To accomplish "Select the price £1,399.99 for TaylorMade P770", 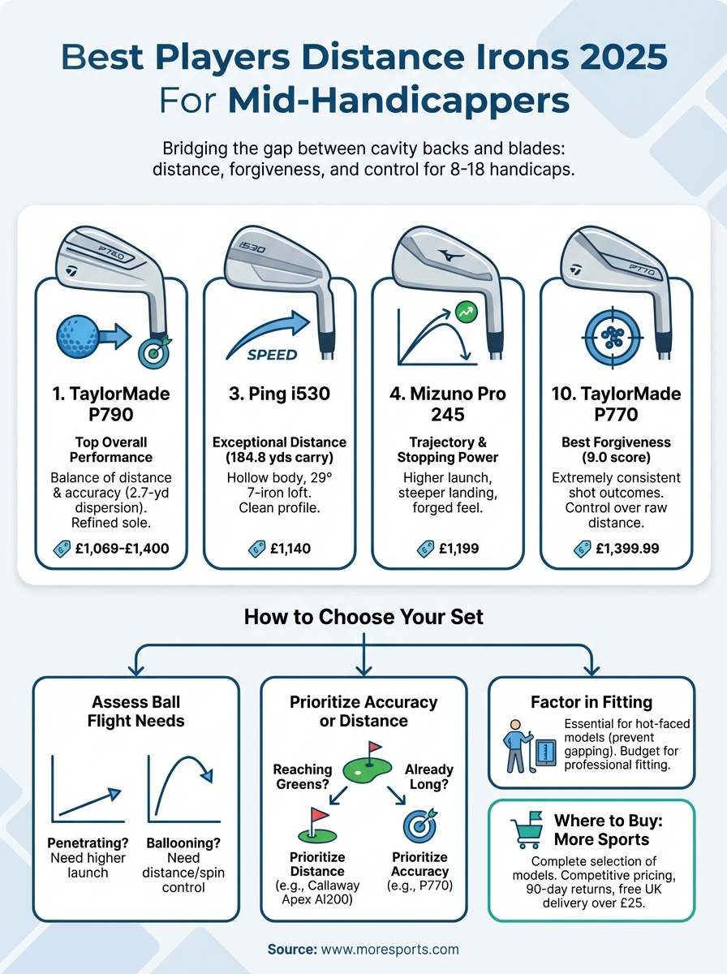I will coord(626,549).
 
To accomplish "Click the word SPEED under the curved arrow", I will coord(272,355).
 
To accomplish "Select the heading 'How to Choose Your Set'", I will coord(363,616).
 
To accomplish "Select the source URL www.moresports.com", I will coord(389,949).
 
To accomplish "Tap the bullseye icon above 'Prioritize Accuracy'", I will coord(419,825).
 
